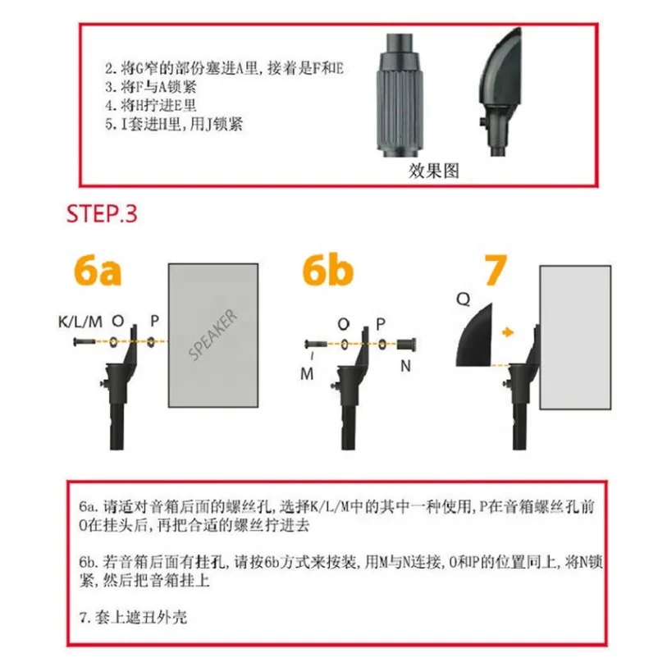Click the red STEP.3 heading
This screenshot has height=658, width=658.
(x=102, y=213)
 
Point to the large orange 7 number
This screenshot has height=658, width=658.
(x=496, y=270)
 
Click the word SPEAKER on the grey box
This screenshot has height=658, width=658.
(x=212, y=335)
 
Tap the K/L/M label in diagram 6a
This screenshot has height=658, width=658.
(x=80, y=322)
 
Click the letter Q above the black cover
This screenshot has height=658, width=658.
(x=464, y=299)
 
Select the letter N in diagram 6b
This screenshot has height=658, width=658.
(x=405, y=367)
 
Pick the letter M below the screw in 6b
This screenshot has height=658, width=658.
(x=307, y=373)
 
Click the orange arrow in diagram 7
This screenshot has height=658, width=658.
(x=508, y=332)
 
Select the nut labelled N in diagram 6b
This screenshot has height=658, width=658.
(x=406, y=345)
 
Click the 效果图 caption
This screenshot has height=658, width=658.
(x=434, y=171)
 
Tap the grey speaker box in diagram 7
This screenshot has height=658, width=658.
(x=575, y=337)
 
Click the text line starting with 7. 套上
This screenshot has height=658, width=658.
(x=133, y=617)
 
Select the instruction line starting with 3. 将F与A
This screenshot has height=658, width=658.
(x=151, y=87)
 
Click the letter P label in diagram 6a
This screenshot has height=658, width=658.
(x=155, y=321)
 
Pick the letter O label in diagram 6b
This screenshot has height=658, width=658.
(x=343, y=324)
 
